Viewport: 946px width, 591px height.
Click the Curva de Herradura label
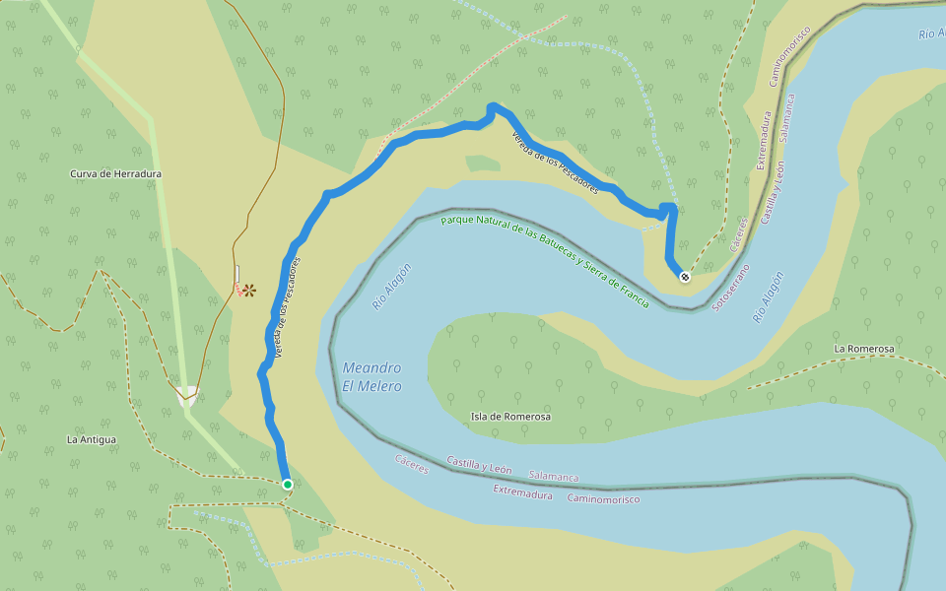pos(115,174)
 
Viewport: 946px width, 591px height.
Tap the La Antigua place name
pos(92,439)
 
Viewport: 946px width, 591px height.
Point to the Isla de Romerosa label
pos(510,417)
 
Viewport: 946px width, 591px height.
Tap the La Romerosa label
pos(863,350)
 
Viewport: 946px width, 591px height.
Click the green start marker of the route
pos(287,485)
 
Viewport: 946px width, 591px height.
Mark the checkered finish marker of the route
pos(685,277)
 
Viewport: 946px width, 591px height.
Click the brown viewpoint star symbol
pos(250,290)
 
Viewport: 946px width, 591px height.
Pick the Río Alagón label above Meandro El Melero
pos(391,288)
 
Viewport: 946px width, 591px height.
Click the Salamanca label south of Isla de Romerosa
pos(553,477)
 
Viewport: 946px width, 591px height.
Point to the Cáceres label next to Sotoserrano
pos(740,233)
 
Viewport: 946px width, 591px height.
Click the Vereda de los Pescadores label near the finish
pos(554,164)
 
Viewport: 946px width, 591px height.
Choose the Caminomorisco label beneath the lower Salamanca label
pos(603,499)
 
